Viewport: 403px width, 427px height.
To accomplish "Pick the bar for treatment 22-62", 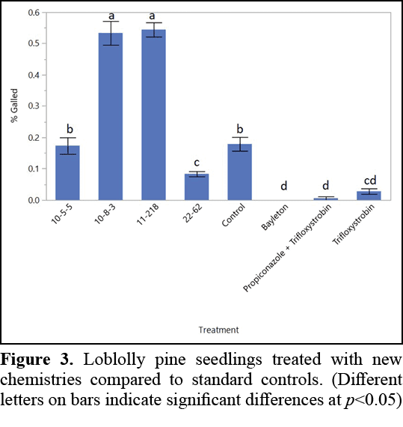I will point(197,187).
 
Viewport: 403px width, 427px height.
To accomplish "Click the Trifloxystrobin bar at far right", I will point(369,196).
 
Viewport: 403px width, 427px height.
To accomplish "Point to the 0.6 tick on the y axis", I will point(33,13).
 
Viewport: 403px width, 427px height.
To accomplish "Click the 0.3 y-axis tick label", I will point(33,106).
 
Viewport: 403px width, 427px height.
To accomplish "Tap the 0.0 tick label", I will point(33,200).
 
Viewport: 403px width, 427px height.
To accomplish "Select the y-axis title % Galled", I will point(14,106).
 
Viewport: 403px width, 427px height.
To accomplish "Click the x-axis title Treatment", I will point(218,330).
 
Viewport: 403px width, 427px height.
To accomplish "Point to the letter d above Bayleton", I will point(283,186).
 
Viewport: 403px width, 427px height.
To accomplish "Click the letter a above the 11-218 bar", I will point(154,15).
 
